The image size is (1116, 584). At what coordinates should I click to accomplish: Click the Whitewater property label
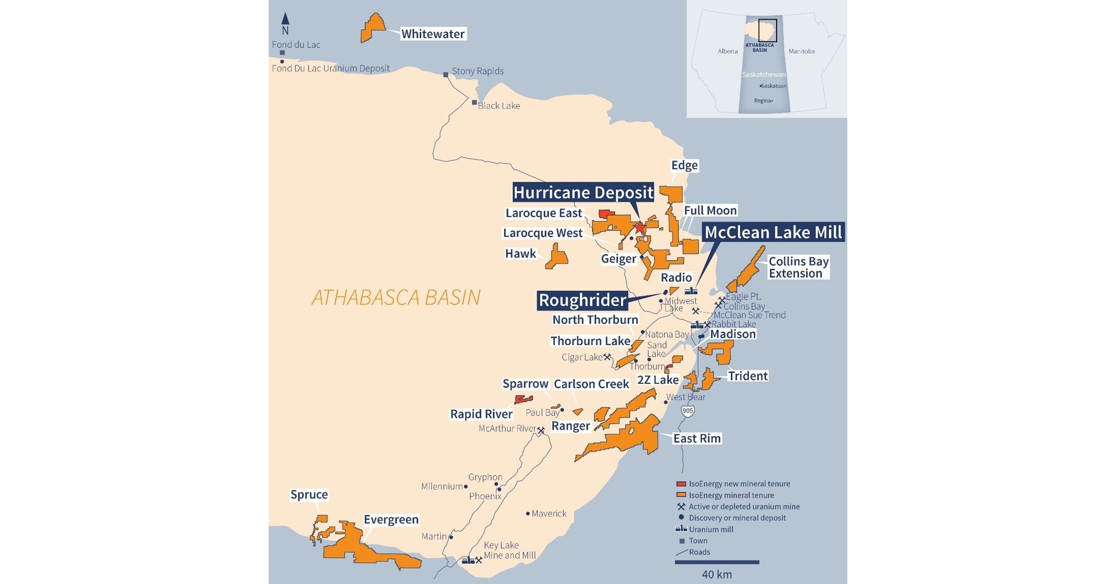pos(433,34)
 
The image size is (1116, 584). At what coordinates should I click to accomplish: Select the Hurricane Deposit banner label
pos(583,192)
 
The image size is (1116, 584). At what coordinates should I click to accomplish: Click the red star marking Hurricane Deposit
pos(640,227)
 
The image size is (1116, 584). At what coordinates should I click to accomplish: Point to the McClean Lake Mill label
pos(772,232)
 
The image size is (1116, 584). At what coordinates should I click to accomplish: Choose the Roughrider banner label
pos(582,300)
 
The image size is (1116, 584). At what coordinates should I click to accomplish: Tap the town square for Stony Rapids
pos(446,75)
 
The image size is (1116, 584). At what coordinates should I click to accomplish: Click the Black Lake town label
pos(498,106)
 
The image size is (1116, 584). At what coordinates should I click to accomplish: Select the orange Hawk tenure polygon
pos(558,257)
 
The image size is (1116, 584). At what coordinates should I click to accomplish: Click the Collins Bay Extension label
pos(798,267)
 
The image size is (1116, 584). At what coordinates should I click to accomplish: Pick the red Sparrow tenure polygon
pos(524,399)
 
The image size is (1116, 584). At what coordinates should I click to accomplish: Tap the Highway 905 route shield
pos(688,411)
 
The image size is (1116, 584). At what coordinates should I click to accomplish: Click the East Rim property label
pos(697,439)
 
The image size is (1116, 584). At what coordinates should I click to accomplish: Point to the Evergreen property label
pos(391,519)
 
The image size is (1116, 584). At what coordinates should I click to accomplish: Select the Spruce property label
pos(309,494)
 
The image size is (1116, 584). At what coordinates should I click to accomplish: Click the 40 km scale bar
pos(717,562)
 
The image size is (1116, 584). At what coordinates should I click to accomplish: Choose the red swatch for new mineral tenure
pos(681,484)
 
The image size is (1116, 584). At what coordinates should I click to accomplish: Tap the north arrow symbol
pos(285,19)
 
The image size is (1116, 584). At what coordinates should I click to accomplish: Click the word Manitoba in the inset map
pos(802,51)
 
